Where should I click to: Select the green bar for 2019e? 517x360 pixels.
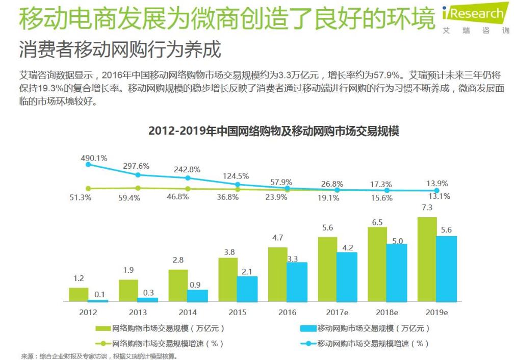point(427,260)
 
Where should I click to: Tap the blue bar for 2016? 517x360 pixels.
point(297,282)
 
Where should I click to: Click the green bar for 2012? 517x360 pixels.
point(79,295)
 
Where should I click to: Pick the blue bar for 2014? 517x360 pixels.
point(197,296)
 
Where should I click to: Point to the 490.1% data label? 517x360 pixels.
point(94,158)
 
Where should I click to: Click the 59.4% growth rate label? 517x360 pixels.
point(136,198)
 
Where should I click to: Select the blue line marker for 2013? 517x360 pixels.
point(138,175)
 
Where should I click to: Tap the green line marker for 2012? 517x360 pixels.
point(88,188)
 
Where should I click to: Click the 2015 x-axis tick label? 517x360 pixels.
point(237,313)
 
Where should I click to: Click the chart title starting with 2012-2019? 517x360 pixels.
point(273,131)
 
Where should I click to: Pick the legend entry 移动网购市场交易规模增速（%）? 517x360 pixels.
point(364,344)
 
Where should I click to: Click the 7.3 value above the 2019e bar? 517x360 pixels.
point(427,208)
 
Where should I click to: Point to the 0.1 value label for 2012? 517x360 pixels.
point(100,294)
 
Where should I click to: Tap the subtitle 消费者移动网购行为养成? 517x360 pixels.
point(120,50)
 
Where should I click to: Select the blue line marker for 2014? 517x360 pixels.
point(188,178)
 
